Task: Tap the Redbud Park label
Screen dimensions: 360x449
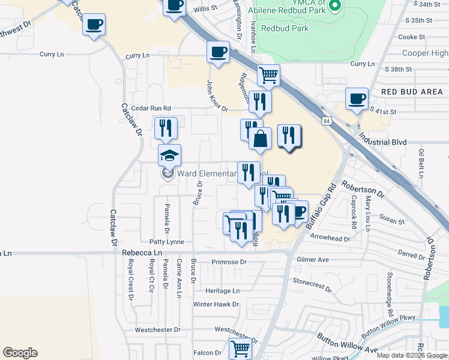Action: [285, 28]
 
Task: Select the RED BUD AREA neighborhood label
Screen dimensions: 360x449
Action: [412, 92]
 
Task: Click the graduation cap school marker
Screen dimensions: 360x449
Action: [169, 155]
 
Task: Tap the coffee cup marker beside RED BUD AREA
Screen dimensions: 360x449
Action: [357, 99]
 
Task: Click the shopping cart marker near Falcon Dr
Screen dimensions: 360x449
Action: [240, 348]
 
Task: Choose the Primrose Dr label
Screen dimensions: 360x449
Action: [229, 262]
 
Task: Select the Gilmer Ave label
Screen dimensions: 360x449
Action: [313, 259]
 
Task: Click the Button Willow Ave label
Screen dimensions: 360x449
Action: [339, 343]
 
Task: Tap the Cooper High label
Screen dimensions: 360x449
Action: [426, 53]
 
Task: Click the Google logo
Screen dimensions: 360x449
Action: [20, 353]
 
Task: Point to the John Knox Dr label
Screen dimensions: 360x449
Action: [217, 96]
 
